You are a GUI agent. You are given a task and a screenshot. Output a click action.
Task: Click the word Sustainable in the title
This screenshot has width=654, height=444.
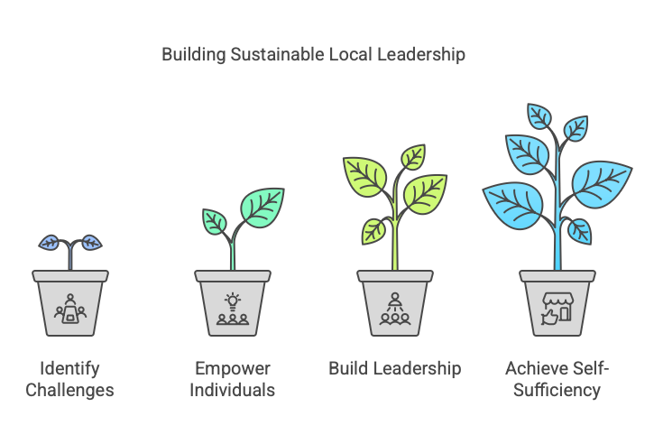click(x=277, y=54)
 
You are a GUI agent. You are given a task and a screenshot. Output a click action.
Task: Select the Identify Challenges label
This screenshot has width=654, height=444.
click(x=69, y=379)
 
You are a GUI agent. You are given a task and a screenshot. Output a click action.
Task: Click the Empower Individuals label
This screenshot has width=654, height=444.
click(x=233, y=379)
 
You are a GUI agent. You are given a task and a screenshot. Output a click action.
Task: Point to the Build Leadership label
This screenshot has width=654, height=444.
click(x=395, y=368)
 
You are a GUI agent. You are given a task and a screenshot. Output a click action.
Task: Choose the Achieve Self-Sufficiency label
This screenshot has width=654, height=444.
click(x=557, y=379)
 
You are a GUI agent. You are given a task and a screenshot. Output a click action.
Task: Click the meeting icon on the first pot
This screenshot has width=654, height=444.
click(x=70, y=309)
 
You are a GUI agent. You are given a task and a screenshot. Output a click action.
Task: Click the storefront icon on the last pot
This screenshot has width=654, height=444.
click(x=557, y=309)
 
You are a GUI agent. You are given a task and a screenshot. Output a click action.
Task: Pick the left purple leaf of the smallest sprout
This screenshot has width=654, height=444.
click(x=50, y=243)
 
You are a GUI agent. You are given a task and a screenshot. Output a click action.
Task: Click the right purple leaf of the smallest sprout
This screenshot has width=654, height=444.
click(x=91, y=243)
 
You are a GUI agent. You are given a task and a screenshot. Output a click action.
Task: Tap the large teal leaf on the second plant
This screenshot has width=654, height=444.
click(x=263, y=208)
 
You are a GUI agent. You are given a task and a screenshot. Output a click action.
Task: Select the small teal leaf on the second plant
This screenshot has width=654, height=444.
click(x=215, y=222)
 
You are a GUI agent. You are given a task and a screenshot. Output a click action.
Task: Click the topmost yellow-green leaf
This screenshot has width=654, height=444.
click(x=413, y=157)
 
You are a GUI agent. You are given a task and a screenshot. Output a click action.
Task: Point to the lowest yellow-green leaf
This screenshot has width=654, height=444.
click(x=373, y=231)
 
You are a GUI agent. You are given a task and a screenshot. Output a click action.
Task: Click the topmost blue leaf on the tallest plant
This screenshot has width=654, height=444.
click(x=539, y=116)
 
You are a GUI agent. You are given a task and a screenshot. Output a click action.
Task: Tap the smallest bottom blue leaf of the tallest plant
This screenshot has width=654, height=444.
click(x=580, y=232)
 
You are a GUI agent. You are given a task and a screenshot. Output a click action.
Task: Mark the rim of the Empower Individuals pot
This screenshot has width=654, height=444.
click(x=233, y=276)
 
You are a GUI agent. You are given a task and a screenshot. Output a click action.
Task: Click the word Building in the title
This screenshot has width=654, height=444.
click(x=194, y=55)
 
